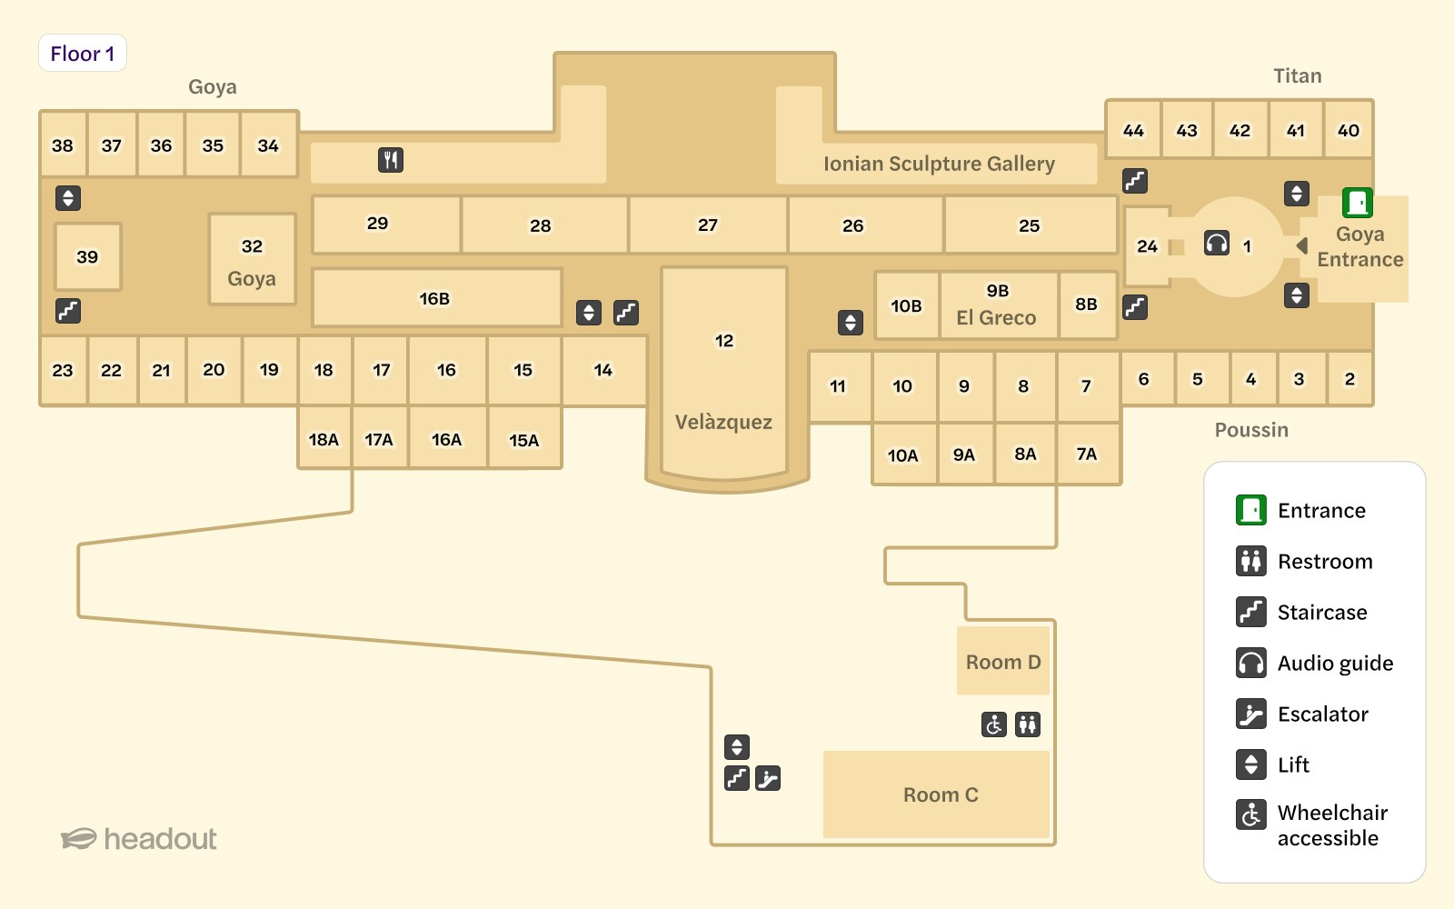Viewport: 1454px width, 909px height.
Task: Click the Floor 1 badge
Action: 82,54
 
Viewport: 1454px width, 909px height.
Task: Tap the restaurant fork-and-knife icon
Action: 391,160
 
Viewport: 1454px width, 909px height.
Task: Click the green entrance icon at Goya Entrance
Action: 1358,202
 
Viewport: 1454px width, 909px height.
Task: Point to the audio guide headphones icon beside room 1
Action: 1217,244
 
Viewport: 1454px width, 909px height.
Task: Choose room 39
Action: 87,257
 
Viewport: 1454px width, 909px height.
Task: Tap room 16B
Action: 434,298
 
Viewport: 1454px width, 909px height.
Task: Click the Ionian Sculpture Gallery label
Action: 939,164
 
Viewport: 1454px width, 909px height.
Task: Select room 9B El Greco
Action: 997,305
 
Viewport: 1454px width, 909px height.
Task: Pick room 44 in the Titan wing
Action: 1133,130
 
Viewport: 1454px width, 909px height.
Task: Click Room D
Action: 1003,662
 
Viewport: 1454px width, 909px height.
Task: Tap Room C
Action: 940,794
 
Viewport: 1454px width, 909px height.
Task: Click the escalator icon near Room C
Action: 768,778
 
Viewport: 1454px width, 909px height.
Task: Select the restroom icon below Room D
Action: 1028,724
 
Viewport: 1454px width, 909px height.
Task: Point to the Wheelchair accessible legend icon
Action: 1251,814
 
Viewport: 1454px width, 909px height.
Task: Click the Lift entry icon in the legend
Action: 1251,764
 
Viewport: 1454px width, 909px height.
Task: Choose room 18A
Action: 324,440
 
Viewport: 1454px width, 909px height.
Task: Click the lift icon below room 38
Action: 68,197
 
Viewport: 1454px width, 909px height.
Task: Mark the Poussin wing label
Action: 1251,430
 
